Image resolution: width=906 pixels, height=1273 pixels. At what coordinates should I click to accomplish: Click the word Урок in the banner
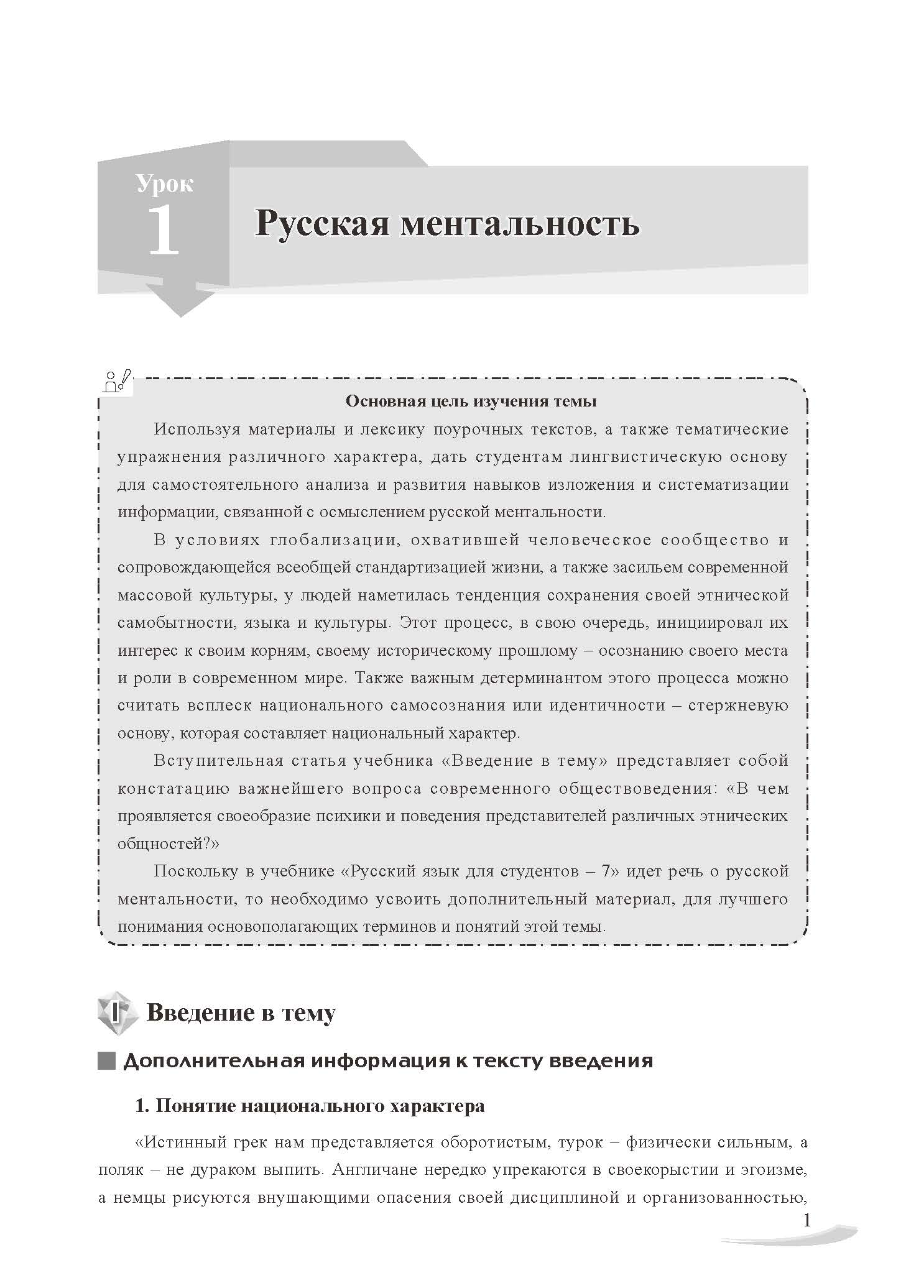point(165,184)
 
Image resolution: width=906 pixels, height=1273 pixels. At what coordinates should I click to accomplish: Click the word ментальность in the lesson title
point(520,224)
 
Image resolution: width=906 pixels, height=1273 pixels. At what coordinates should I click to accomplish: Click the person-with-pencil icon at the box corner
point(118,381)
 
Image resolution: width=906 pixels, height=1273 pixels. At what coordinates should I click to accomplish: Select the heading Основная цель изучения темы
point(471,401)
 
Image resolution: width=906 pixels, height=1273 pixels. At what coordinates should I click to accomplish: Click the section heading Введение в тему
point(241,1013)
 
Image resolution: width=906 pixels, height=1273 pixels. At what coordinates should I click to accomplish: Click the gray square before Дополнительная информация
point(107,1060)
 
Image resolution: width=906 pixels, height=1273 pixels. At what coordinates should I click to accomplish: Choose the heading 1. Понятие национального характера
point(310,1106)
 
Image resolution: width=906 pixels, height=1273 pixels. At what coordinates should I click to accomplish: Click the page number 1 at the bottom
point(807,1220)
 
